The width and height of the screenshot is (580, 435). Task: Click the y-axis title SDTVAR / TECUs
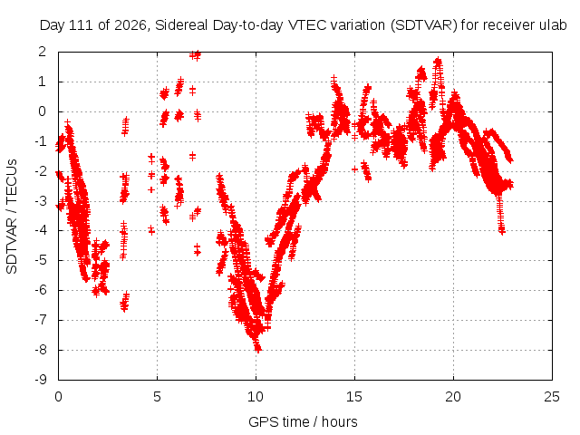(12, 217)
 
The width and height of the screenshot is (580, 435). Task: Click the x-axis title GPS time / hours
(303, 421)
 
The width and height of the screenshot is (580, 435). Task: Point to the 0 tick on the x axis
(58, 397)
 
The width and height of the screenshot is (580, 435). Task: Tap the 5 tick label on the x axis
(157, 397)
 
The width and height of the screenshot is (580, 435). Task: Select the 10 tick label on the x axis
(256, 397)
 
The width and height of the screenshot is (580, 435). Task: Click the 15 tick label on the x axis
(354, 397)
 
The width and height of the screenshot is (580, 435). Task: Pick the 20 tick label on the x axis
(453, 397)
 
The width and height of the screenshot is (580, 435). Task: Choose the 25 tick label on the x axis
(552, 397)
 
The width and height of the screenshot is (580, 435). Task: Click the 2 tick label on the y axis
(43, 52)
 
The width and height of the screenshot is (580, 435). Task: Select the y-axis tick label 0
(43, 111)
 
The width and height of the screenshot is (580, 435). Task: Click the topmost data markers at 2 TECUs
(196, 55)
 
